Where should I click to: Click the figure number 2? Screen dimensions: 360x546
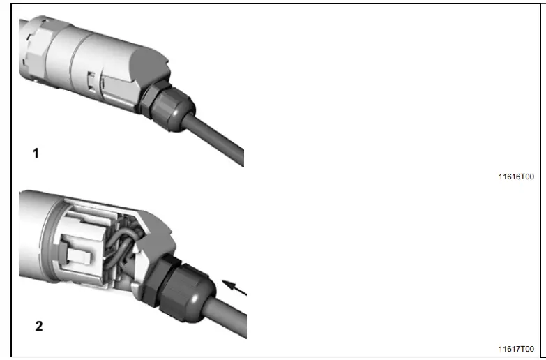pos(39,325)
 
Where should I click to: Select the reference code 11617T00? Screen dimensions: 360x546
pos(515,349)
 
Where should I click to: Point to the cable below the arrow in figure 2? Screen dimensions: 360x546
pos(230,318)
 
